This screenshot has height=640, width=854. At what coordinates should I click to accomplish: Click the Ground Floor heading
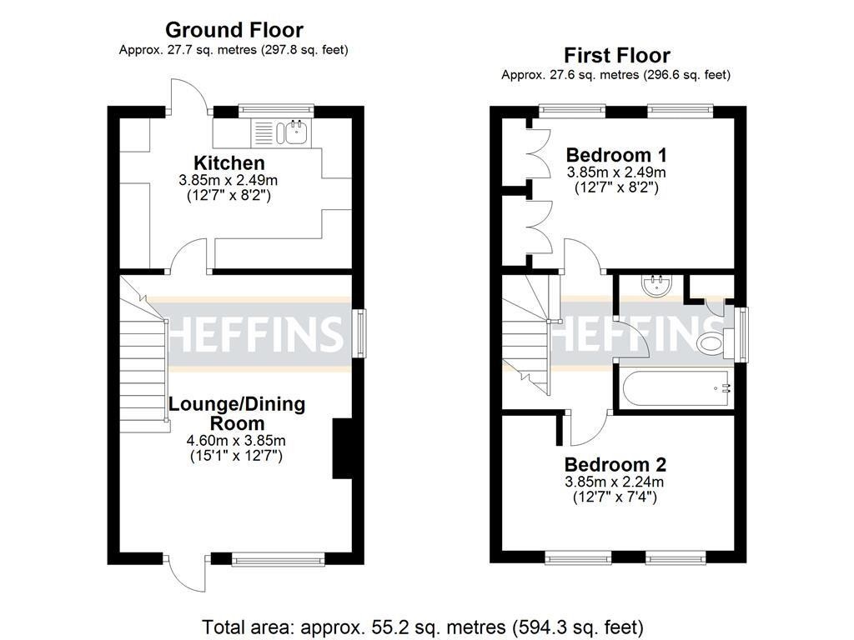pyautogui.click(x=234, y=31)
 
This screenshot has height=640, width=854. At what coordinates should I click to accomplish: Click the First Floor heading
pyautogui.click(x=616, y=56)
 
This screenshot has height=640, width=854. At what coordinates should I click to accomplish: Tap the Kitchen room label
pyautogui.click(x=229, y=162)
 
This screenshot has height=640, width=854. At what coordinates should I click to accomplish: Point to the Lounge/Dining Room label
pyautogui.click(x=237, y=413)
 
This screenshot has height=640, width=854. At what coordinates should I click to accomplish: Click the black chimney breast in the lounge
pyautogui.click(x=343, y=448)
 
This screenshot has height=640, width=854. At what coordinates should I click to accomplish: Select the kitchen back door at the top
pyautogui.click(x=185, y=96)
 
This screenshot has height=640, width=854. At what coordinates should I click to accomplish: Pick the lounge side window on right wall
pyautogui.click(x=358, y=332)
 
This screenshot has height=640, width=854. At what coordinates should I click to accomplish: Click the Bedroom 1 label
pyautogui.click(x=616, y=155)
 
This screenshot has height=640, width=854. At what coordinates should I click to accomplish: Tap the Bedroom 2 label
pyautogui.click(x=615, y=464)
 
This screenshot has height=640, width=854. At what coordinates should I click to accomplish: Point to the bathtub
pyautogui.click(x=674, y=387)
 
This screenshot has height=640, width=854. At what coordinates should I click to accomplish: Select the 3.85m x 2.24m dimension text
pyautogui.click(x=615, y=482)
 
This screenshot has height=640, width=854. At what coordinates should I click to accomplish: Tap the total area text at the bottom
pyautogui.click(x=423, y=626)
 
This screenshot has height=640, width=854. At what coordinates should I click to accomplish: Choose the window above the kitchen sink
pyautogui.click(x=275, y=109)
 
